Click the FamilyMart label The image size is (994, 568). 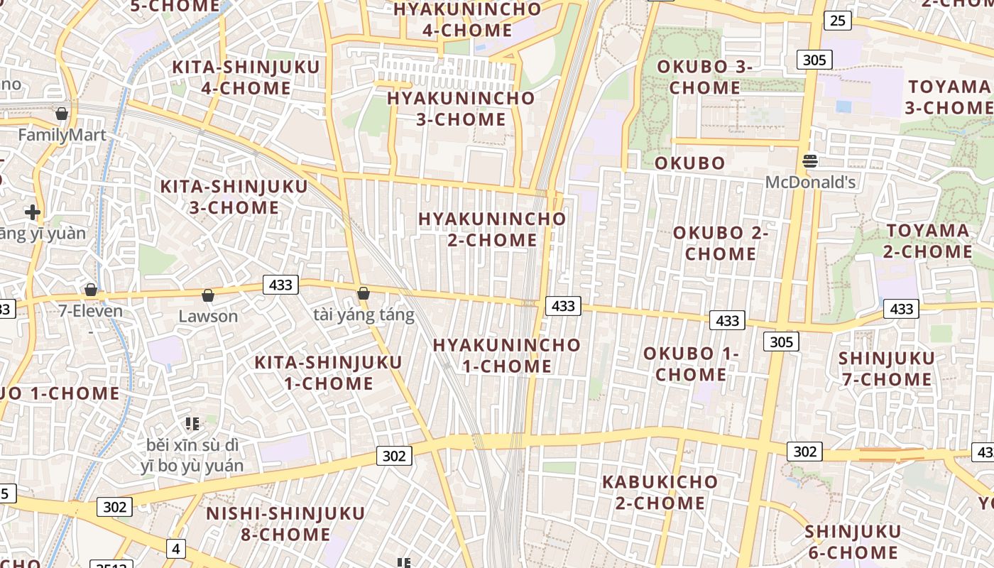pos(62,135)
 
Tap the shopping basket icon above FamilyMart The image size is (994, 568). pos(62,114)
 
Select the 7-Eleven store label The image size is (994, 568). pos(92,311)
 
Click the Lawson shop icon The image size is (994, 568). pos(208,295)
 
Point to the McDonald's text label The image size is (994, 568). pos(810,182)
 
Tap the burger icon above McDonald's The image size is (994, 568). pos(810,161)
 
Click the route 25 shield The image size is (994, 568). pos(838,21)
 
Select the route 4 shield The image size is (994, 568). pos(176,548)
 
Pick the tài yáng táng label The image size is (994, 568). pos(364,315)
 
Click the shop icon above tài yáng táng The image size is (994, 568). pos(364,293)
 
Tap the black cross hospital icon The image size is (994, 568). pos(32,212)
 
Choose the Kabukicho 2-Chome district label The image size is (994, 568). pos(660,492)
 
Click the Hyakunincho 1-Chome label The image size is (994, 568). pos(507,356)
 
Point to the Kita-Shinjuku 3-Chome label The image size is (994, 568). pos(234,197)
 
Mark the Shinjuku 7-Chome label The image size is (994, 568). pos(886,368)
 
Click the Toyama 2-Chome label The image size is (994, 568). pos(928,241)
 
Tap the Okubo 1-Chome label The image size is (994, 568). pos(691,364)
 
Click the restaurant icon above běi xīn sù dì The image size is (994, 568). pos(192,424)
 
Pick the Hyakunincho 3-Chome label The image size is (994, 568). pos(461,109)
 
